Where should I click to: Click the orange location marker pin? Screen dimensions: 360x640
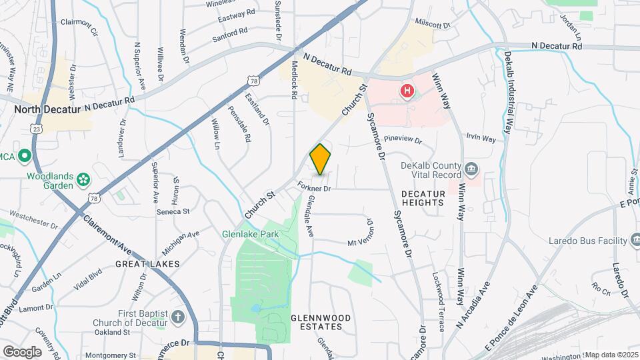pyautogui.click(x=321, y=159)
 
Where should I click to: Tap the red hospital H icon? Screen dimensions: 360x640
pyautogui.click(x=406, y=90)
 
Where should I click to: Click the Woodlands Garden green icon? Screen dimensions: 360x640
pyautogui.click(x=83, y=179)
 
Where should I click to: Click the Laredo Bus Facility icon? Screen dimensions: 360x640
pyautogui.click(x=634, y=240)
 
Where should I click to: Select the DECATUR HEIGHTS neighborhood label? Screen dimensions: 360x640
pyautogui.click(x=423, y=197)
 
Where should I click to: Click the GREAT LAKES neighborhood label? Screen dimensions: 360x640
pyautogui.click(x=147, y=264)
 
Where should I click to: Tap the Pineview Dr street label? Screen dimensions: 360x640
pyautogui.click(x=403, y=141)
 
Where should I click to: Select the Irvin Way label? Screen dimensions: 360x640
pyautogui.click(x=481, y=139)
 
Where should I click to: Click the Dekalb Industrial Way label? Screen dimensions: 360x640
pyautogui.click(x=508, y=93)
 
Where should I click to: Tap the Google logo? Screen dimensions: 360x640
pyautogui.click(x=22, y=351)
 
